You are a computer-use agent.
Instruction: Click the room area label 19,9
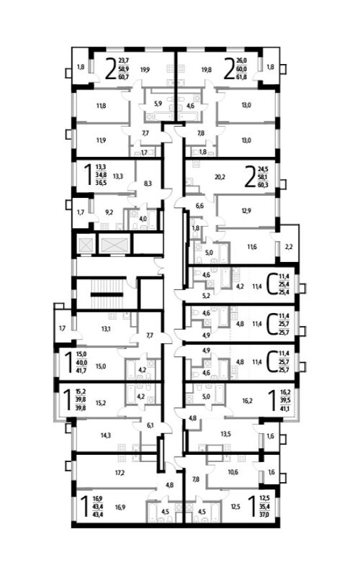pyautogui.click(x=144, y=69)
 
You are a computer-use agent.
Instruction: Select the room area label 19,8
pyautogui.click(x=206, y=69)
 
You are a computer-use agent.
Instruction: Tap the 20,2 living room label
pyautogui.click(x=202, y=175)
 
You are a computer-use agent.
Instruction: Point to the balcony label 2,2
pyautogui.click(x=289, y=246)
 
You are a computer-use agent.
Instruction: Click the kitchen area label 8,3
pyautogui.click(x=148, y=184)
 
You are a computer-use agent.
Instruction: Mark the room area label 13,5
pyautogui.click(x=226, y=433)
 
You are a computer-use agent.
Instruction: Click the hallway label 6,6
pyautogui.click(x=200, y=206)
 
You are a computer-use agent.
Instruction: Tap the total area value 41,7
pyautogui.click(x=81, y=370)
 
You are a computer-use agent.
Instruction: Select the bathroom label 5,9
pyautogui.click(x=157, y=103)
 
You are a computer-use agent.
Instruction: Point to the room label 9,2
pyautogui.click(x=110, y=212)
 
